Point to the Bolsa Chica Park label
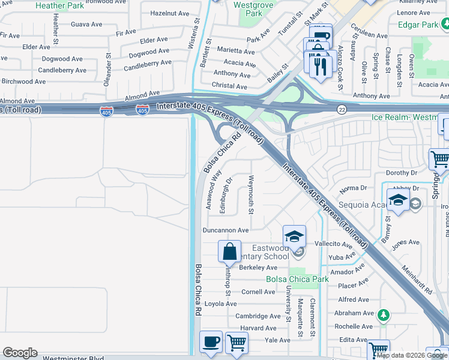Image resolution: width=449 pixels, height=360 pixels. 298,279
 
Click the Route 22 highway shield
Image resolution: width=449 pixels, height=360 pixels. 342,109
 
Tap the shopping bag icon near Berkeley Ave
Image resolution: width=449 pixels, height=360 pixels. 230,251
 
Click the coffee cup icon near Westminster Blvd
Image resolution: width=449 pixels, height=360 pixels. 211,341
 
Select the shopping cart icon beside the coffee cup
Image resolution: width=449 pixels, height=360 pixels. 237,342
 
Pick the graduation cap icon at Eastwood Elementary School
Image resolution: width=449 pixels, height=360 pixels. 294,236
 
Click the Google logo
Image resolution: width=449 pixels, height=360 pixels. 20,353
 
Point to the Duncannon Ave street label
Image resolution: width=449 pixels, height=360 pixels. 226,230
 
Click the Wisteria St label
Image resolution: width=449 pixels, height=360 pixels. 196,25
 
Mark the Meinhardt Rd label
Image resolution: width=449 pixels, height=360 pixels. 418,280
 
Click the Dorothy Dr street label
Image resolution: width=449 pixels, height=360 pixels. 397,173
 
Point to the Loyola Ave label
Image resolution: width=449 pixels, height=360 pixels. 220,304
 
